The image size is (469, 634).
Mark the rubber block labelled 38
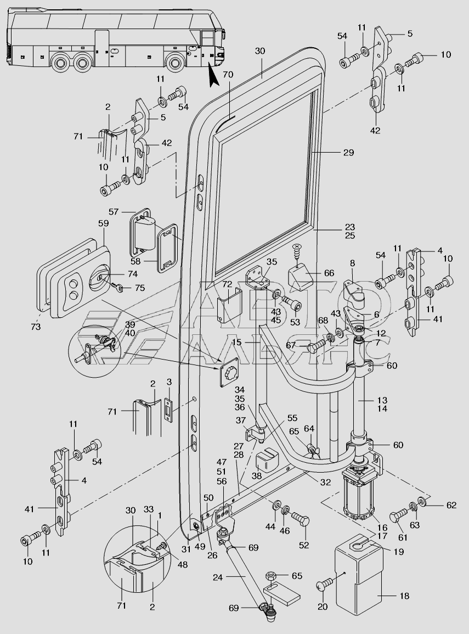[265, 461]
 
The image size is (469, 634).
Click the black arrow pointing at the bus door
[214, 77]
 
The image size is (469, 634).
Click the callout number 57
[113, 211]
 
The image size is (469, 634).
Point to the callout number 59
[104, 223]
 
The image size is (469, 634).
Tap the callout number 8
[352, 263]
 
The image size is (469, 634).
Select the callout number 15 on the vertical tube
[236, 342]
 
